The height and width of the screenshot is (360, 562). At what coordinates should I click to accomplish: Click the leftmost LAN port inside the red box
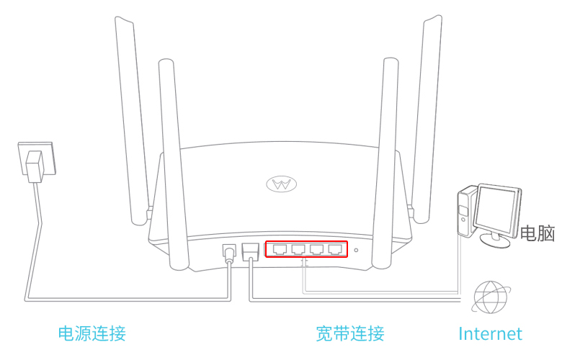[x=280, y=249]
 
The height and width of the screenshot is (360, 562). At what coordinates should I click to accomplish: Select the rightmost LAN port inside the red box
[x=335, y=249]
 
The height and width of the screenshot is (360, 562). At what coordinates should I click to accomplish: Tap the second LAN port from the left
[x=298, y=249]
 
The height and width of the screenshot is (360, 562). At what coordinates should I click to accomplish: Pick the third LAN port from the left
[x=317, y=249]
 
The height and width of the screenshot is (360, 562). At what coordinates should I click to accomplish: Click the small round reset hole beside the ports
[x=356, y=251]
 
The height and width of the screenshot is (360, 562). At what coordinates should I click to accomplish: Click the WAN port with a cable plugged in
[x=250, y=251]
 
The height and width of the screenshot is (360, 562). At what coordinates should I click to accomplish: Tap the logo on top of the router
[x=281, y=184]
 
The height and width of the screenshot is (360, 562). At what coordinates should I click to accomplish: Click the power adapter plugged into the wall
[x=35, y=166]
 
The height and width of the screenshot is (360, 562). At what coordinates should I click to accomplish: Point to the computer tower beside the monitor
[x=465, y=210]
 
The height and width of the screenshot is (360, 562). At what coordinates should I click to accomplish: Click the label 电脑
[x=538, y=233]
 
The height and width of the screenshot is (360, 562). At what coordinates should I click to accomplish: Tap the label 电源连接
[x=92, y=333]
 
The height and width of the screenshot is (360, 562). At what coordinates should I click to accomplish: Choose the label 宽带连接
[x=349, y=333]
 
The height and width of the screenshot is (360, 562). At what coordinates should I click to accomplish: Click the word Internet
[x=490, y=333]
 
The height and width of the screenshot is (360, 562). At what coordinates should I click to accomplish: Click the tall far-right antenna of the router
[x=427, y=115]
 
